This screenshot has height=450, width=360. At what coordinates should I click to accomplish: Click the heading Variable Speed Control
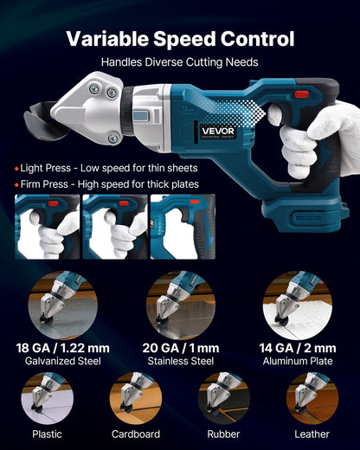tap(180, 39)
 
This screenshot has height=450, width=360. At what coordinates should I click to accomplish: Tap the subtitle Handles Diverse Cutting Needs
tap(180, 62)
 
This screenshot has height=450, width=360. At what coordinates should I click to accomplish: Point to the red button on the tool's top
tap(302, 94)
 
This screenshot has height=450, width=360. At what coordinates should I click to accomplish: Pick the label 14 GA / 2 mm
tap(298, 348)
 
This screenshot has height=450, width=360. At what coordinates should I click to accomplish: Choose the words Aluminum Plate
tap(298, 361)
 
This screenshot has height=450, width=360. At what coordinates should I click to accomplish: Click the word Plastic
tap(47, 434)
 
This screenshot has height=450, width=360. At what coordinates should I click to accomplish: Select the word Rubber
tap(223, 434)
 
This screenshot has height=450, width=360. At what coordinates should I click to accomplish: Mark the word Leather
tap(312, 434)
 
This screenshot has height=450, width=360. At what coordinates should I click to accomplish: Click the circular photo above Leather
tap(312, 399)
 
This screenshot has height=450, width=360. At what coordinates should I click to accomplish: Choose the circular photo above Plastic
tap(47, 399)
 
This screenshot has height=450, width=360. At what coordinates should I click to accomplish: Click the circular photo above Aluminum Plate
tap(298, 303)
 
